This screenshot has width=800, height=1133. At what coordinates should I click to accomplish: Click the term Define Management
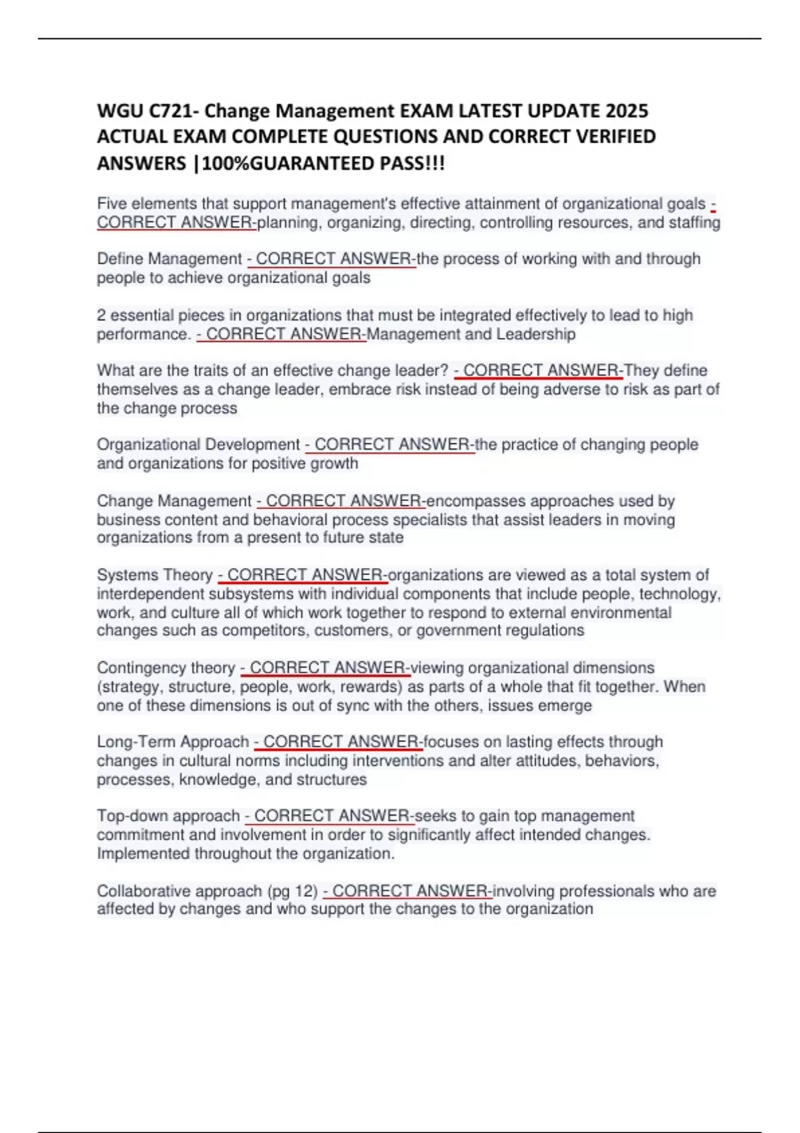coord(169,259)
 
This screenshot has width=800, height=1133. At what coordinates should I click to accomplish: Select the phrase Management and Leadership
coord(471,334)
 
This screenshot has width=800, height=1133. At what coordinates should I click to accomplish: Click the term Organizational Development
coord(198,445)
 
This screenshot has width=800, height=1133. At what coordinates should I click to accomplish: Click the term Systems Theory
coord(155,574)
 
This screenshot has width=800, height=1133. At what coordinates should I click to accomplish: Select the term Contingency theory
coord(166,668)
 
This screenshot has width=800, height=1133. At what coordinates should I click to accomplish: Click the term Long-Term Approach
coord(173,742)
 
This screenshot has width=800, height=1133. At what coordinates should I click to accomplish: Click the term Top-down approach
coord(168,816)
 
